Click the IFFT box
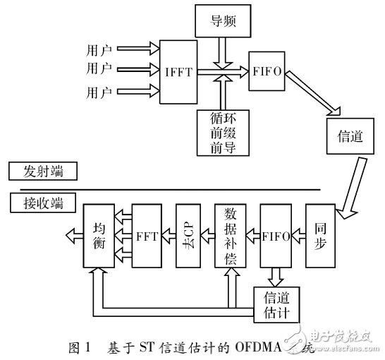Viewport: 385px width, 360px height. tap(179, 71)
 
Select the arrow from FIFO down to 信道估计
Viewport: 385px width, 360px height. tap(276, 276)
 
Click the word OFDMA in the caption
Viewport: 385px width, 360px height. tap(266, 347)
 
